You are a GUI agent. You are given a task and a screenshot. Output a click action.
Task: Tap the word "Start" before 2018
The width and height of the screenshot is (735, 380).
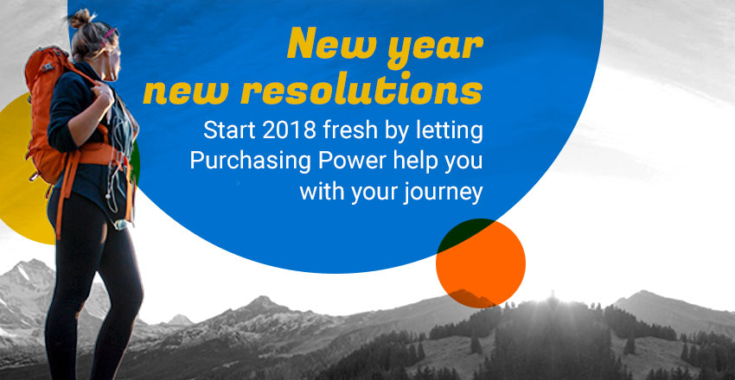click(x=229, y=131)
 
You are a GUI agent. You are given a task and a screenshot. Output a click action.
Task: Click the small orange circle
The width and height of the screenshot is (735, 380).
click(x=481, y=263)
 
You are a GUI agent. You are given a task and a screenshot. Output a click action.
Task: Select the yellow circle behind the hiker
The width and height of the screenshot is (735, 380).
click(x=22, y=168)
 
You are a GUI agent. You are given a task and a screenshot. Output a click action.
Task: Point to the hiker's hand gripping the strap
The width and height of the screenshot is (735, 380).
click(x=103, y=92)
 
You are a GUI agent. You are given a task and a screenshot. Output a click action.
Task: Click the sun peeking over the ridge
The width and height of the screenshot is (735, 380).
click(x=553, y=299)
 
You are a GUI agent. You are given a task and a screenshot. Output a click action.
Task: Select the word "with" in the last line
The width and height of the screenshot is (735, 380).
click(x=318, y=193)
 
